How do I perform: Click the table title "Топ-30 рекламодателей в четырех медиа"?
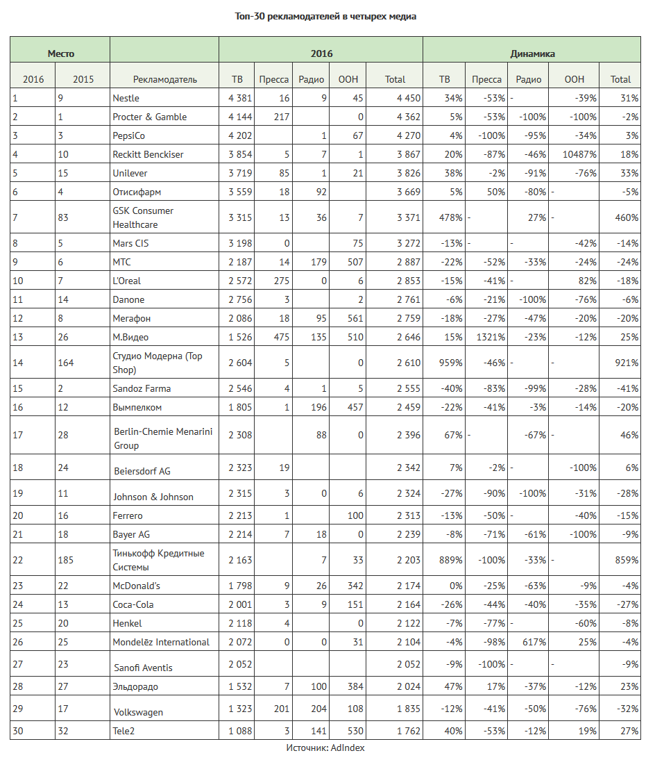325,16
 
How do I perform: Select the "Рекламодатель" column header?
164,79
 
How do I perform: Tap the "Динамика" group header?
532,53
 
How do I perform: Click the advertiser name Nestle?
126,98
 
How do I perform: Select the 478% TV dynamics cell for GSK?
451,217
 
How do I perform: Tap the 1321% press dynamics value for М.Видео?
491,337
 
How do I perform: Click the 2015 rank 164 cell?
66,363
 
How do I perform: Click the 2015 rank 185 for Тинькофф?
66,560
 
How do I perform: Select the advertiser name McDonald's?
136,586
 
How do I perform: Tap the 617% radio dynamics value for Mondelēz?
533,642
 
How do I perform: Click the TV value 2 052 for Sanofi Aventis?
240,663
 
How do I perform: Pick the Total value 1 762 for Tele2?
408,730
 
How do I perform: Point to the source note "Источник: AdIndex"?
325,747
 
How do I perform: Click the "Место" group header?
60,53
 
